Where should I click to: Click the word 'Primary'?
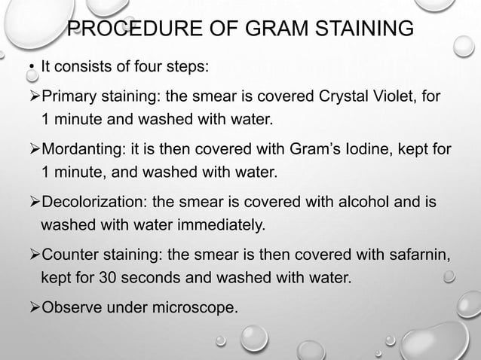69,97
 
